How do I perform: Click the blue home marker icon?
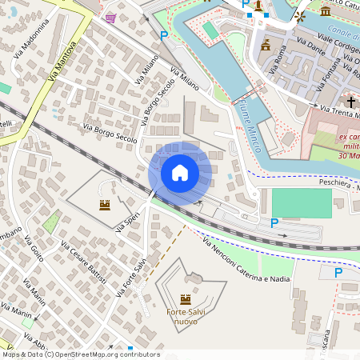click(x=180, y=173)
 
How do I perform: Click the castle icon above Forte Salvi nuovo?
click(x=186, y=299)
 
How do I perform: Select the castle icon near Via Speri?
click(x=105, y=206)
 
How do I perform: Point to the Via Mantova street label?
click(x=63, y=60)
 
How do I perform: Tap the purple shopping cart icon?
click(x=110, y=18)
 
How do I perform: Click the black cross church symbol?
click(x=351, y=102)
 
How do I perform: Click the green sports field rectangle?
click(x=301, y=203)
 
